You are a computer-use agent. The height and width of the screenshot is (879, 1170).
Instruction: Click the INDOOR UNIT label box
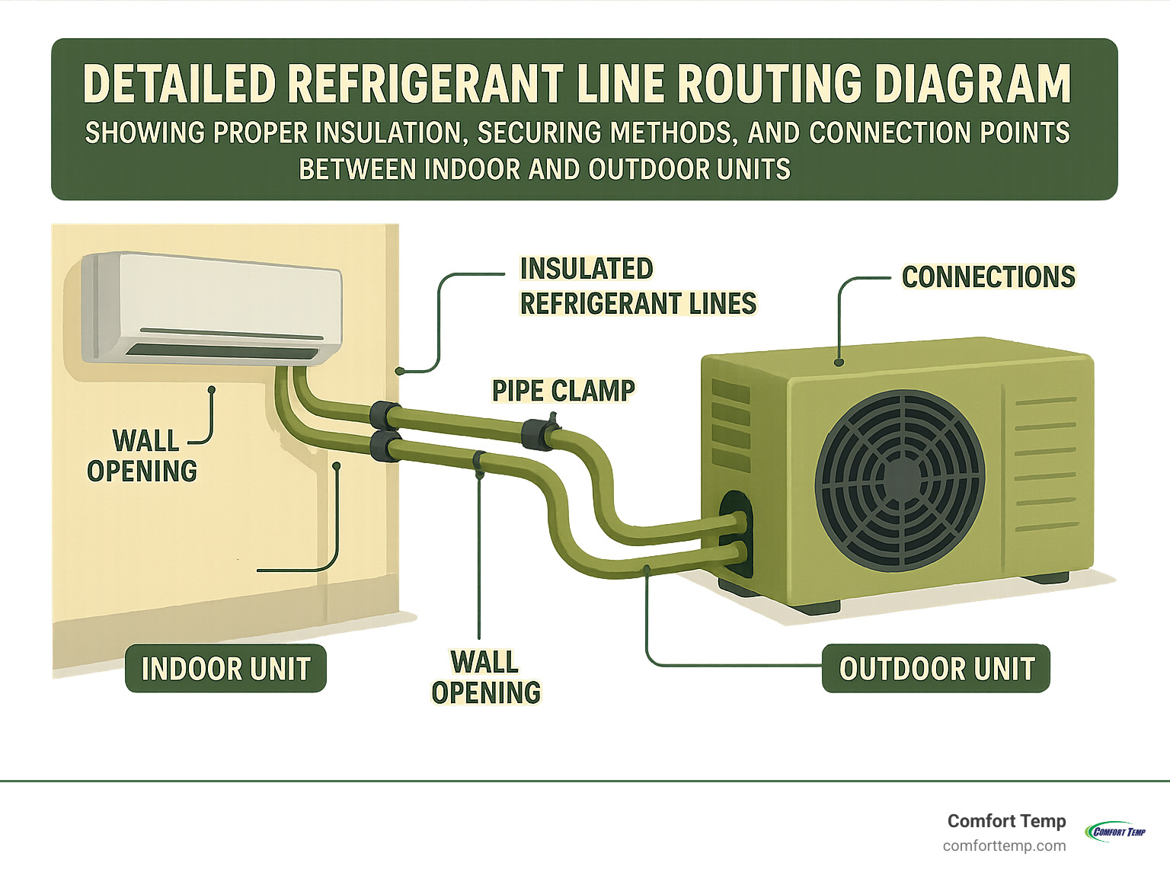(225, 669)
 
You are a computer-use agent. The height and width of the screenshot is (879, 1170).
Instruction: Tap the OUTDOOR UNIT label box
(936, 669)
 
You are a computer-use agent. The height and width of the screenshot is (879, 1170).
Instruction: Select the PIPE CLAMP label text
(563, 391)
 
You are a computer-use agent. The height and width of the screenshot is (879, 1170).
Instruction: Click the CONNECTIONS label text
(988, 277)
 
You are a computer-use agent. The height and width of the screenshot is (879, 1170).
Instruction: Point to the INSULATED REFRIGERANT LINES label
(638, 286)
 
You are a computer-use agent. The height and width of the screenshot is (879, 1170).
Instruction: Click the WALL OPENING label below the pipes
(486, 677)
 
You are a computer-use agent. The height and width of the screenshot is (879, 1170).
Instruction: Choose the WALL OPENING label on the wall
(142, 455)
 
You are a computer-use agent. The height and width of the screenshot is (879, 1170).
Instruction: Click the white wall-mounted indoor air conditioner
(212, 308)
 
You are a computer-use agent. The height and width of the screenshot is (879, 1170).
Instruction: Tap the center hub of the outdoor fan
(900, 480)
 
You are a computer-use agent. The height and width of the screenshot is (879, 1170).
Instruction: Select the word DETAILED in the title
(179, 84)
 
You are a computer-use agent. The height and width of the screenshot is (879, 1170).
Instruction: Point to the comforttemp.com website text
(1004, 846)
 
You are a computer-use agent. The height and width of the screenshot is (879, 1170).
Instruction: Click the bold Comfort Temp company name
(1006, 821)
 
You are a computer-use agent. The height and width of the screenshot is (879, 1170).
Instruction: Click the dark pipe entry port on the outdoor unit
(735, 533)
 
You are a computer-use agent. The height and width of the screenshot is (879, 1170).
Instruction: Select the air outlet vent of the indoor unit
(222, 351)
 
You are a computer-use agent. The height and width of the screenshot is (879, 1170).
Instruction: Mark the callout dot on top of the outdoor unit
(839, 363)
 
